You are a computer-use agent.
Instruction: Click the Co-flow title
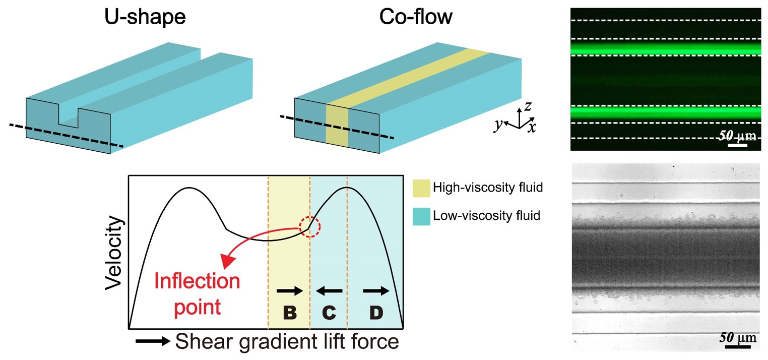(416, 18)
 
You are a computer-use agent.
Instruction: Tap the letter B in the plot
(289, 313)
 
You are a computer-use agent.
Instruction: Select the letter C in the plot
(329, 313)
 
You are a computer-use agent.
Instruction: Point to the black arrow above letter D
(376, 290)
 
